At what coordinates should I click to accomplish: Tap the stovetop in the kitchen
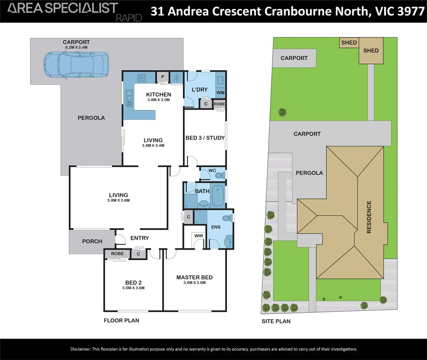pos(142,78)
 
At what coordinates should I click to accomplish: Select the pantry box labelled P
pos(162,77)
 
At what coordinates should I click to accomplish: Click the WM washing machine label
pos(220,93)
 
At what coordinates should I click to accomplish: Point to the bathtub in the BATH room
pos(218,196)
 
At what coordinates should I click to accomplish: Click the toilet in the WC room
pos(220,175)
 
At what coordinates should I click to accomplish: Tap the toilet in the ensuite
pos(227,218)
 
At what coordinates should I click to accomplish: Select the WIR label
pos(198,236)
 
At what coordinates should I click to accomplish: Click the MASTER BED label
pos(194,277)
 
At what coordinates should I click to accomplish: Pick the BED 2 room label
pos(133,283)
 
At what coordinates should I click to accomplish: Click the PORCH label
pos(92,241)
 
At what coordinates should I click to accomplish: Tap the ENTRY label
pos(140,238)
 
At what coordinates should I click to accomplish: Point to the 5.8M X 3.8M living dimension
pos(119,200)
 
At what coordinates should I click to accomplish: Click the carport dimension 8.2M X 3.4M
pos(76,47)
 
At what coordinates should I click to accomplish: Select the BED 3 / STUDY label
pos(205,138)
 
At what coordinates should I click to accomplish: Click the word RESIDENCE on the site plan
pos(369,217)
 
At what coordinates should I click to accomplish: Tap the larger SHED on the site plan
pos(371,51)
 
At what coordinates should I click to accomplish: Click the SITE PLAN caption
pos(276,321)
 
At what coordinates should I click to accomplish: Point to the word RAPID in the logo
pos(129,18)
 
